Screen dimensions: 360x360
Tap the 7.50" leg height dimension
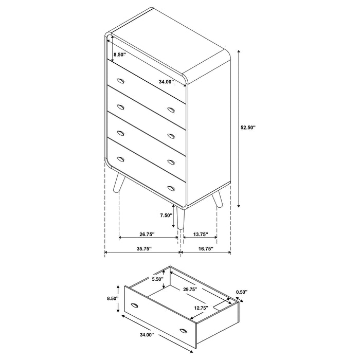166,215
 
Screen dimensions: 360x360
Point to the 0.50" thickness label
242,292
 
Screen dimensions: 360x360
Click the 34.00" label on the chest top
165,81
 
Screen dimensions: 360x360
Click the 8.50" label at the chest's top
119,54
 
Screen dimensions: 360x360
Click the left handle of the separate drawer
136,306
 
